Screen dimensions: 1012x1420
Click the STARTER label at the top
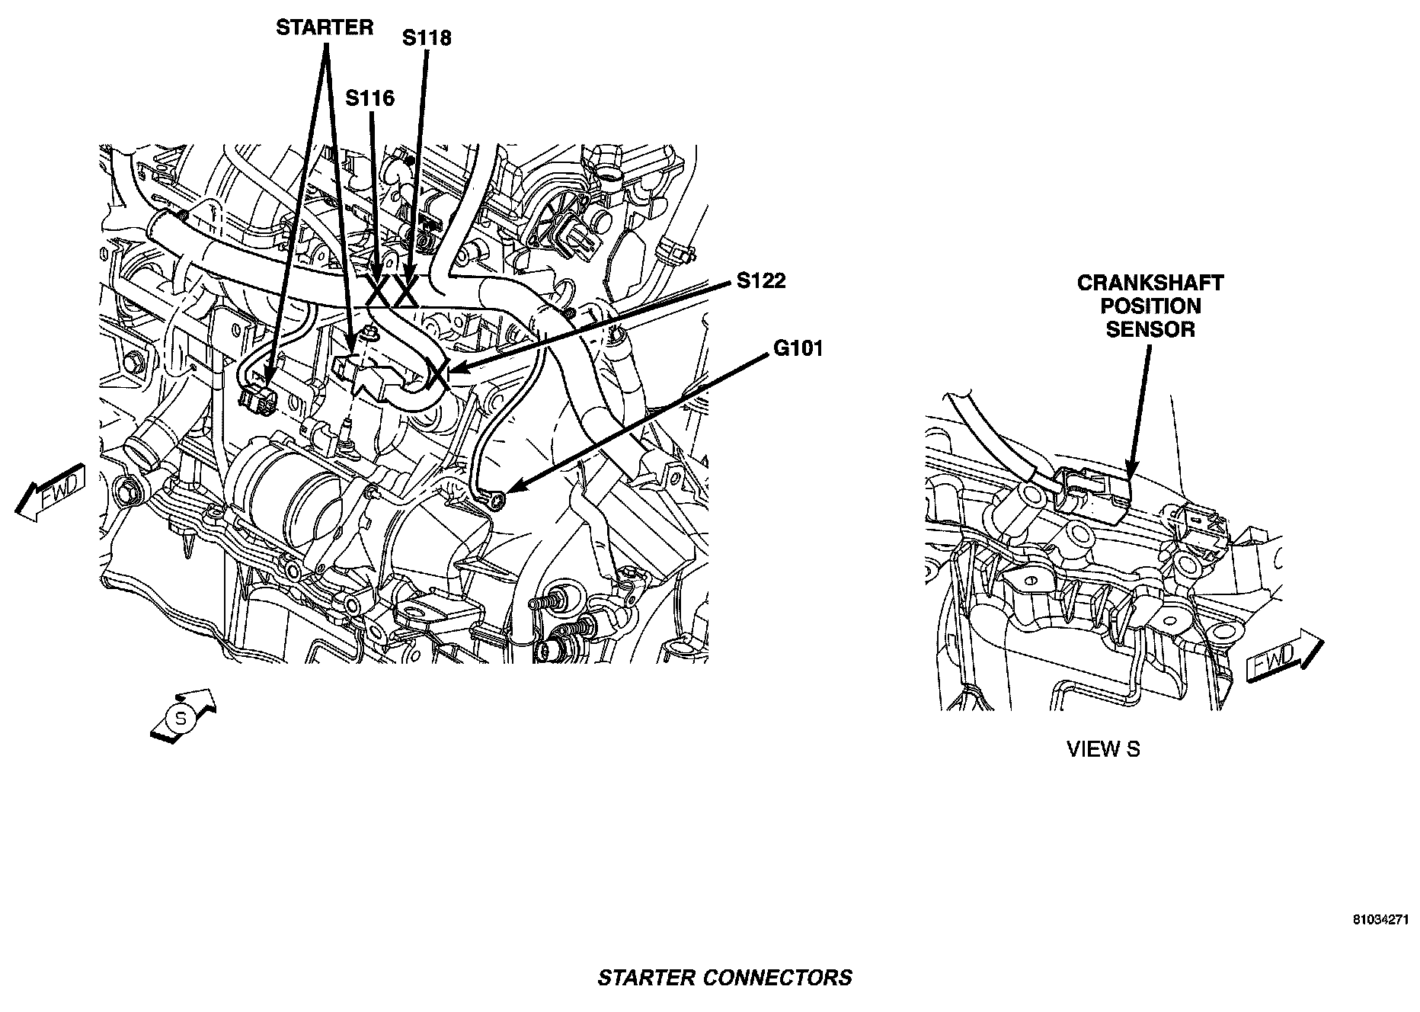point(325,28)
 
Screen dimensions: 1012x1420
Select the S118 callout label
point(427,37)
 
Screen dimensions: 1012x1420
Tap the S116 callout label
point(369,98)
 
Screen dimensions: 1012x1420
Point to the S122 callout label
point(760,281)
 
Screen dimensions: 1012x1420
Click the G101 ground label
point(798,349)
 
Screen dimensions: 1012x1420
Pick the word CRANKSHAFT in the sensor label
point(1150,283)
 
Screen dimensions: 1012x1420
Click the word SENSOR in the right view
point(1150,329)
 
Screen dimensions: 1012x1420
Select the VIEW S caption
point(1103,749)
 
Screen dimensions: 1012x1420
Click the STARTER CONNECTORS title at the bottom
point(724,978)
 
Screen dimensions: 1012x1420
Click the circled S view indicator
point(181,718)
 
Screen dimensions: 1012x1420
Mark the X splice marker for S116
point(378,291)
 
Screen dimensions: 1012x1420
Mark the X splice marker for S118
point(405,291)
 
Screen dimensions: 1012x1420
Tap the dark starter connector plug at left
point(257,399)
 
